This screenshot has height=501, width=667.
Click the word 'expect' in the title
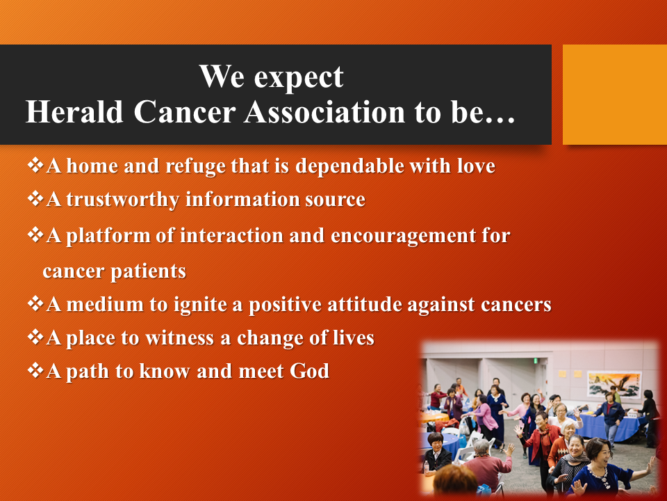[x=299, y=77]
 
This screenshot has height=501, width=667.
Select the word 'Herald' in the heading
[x=74, y=112]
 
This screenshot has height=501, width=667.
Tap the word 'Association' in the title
[x=324, y=112]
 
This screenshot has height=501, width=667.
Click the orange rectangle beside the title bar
[x=615, y=95]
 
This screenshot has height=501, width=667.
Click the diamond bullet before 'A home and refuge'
[x=35, y=164]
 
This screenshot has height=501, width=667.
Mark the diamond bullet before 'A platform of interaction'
[x=35, y=234]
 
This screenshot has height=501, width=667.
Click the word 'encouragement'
[x=403, y=236]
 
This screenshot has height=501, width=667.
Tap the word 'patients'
[x=148, y=271]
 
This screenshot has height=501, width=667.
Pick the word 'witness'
[x=179, y=338]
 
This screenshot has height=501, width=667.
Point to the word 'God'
[x=309, y=371]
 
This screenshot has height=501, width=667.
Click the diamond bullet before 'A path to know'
[x=35, y=369]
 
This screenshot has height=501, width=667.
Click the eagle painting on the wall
[x=614, y=385]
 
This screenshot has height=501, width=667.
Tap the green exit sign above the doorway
[x=536, y=360]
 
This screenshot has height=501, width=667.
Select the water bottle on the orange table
[x=426, y=468]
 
